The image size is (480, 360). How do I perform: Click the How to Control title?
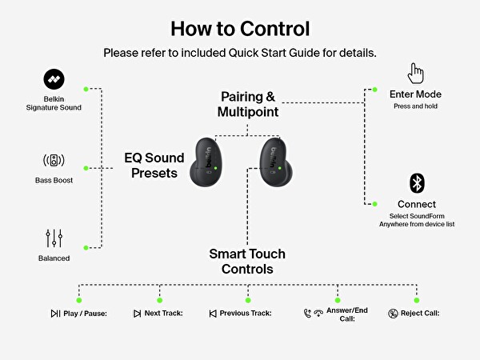pyautogui.click(x=240, y=28)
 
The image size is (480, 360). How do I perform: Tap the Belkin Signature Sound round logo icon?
pyautogui.click(x=53, y=79)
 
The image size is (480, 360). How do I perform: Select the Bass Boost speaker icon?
pyautogui.click(x=53, y=160)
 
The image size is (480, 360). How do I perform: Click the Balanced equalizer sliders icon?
pyautogui.click(x=53, y=238)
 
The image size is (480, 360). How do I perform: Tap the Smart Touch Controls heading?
pyautogui.click(x=247, y=262)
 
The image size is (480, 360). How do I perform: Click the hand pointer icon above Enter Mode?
pyautogui.click(x=415, y=73)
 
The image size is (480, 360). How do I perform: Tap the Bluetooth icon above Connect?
pyautogui.click(x=416, y=182)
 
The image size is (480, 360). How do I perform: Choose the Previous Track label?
pyautogui.click(x=247, y=314)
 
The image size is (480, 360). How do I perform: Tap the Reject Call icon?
pyautogui.click(x=393, y=314)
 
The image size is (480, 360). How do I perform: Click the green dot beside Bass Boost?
pyautogui.click(x=86, y=168)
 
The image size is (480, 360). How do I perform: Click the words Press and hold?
pyautogui.click(x=415, y=106)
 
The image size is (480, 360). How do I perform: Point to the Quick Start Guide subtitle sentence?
pyautogui.click(x=240, y=53)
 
